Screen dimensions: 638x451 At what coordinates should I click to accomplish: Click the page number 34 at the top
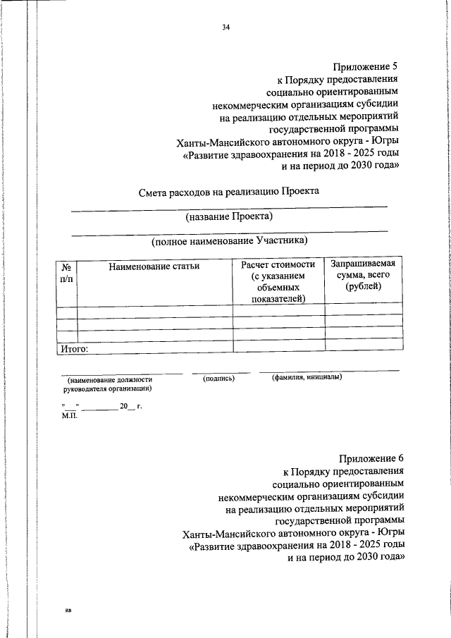click(x=225, y=27)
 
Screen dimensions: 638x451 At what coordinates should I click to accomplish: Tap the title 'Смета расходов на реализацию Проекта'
click(x=230, y=192)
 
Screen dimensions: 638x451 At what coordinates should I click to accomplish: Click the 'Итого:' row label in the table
click(x=73, y=348)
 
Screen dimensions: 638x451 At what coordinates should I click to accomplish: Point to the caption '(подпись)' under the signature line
click(x=218, y=378)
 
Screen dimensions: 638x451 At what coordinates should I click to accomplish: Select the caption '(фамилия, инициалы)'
click(x=307, y=378)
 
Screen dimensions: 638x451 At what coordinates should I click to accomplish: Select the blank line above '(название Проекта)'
click(x=230, y=207)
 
